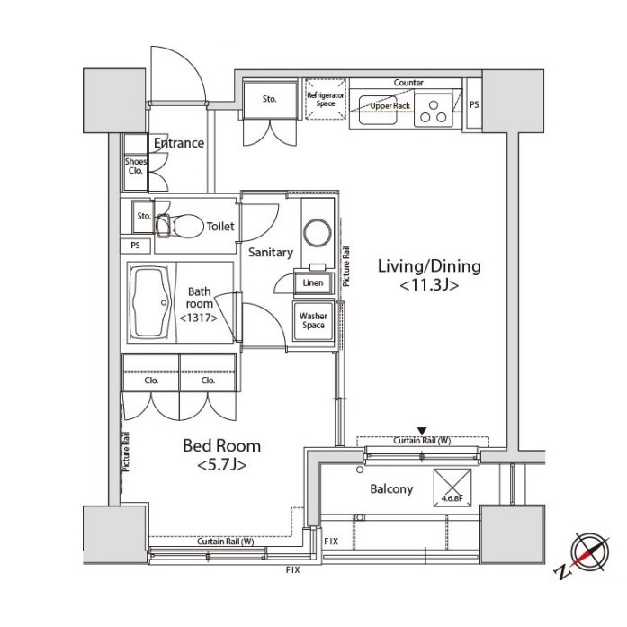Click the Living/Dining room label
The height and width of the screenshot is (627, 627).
pyautogui.click(x=429, y=266)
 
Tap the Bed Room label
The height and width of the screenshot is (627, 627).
pyautogui.click(x=221, y=446)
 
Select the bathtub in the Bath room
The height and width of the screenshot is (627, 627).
pyautogui.click(x=151, y=302)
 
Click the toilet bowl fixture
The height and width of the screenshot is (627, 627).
pyautogui.click(x=180, y=226)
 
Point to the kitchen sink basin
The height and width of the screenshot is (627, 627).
pyautogui.click(x=378, y=110)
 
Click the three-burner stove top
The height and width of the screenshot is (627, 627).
pyautogui.click(x=434, y=110)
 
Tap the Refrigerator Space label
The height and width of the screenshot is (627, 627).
pyautogui.click(x=326, y=99)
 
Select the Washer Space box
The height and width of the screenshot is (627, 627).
pyautogui.click(x=313, y=321)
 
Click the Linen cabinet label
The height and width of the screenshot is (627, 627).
pyautogui.click(x=313, y=282)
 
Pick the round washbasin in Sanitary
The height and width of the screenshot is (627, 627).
pyautogui.click(x=318, y=232)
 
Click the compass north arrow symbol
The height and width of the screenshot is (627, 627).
pyautogui.click(x=585, y=555)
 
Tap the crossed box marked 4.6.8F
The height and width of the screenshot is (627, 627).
pyautogui.click(x=452, y=488)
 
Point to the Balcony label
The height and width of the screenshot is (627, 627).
pyautogui.click(x=391, y=489)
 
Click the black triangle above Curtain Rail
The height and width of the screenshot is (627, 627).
pyautogui.click(x=422, y=431)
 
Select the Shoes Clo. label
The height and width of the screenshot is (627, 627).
pyautogui.click(x=136, y=166)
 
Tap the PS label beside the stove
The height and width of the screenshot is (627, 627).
pyautogui.click(x=474, y=104)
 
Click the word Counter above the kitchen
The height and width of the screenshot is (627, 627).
pyautogui.click(x=408, y=83)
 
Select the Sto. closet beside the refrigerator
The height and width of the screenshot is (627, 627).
pyautogui.click(x=270, y=100)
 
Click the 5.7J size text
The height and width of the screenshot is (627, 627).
pyautogui.click(x=221, y=465)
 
